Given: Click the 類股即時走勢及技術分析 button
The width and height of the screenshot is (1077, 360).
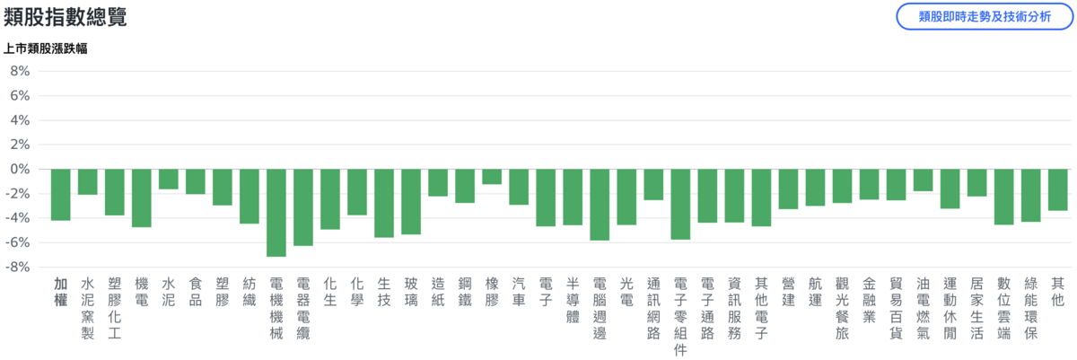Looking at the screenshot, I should [985, 17].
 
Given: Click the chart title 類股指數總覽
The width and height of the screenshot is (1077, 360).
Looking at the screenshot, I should [65, 17].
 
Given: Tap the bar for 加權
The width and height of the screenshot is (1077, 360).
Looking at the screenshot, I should [61, 195].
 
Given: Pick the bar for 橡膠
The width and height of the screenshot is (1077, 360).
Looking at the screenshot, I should [492, 177].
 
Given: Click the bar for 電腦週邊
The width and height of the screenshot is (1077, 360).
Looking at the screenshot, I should [600, 205].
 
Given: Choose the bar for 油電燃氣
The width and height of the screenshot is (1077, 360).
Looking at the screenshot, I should [923, 180].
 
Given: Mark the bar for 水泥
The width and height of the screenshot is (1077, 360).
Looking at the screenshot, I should [169, 180].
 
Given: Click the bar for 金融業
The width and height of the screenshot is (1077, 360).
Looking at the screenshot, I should [869, 184].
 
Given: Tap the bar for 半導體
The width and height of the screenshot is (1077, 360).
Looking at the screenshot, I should [573, 197].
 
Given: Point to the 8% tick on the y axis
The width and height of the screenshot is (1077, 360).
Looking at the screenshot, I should [20, 71].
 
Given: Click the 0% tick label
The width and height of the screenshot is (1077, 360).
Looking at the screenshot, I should [20, 169].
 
